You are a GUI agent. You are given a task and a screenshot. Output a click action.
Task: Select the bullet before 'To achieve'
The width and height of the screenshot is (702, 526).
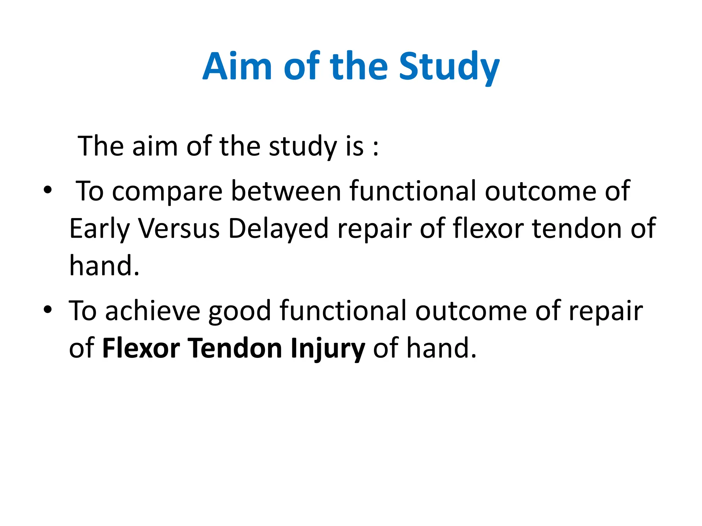pos(48,309)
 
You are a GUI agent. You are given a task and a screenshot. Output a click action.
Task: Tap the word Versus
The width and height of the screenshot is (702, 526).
pos(179,228)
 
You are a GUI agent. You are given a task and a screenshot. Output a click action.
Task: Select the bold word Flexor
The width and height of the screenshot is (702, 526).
pos(141,348)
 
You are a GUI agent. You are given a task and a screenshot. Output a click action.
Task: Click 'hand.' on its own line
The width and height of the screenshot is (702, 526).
pos(104,266)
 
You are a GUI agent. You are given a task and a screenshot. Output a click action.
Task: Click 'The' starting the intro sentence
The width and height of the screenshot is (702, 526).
pos(100,146)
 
